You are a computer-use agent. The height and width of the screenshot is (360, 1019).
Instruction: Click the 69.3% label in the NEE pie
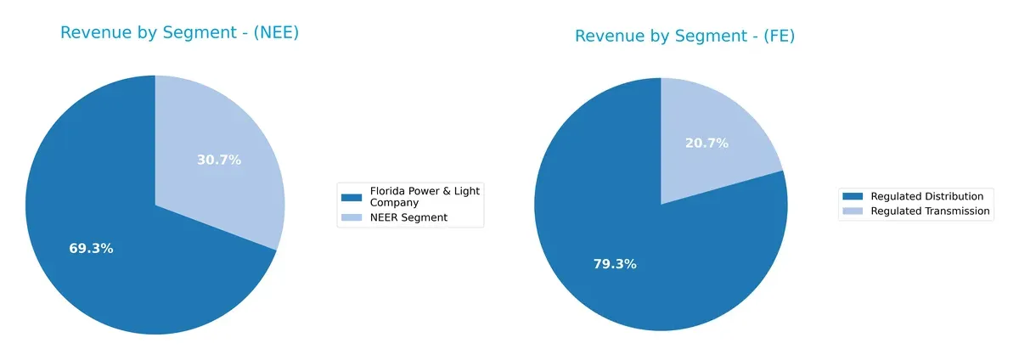pyautogui.click(x=91, y=249)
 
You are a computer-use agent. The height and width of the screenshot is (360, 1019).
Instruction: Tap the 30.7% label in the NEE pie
pyautogui.click(x=219, y=160)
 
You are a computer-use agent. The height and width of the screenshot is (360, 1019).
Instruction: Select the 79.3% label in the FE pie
pyautogui.click(x=615, y=264)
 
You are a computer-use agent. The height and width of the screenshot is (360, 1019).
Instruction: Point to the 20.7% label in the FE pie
pyautogui.click(x=707, y=143)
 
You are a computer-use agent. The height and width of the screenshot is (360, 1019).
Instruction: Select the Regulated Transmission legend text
pyautogui.click(x=930, y=211)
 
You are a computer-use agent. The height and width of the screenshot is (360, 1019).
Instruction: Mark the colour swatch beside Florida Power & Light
pyautogui.click(x=351, y=197)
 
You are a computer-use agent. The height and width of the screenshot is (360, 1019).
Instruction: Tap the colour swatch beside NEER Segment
pyautogui.click(x=351, y=218)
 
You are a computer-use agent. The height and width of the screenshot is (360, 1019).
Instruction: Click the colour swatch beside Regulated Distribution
pyautogui.click(x=853, y=196)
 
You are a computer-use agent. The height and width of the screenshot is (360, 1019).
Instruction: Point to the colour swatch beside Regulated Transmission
pyautogui.click(x=853, y=211)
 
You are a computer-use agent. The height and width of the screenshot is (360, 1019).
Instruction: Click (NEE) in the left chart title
pyautogui.click(x=273, y=33)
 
